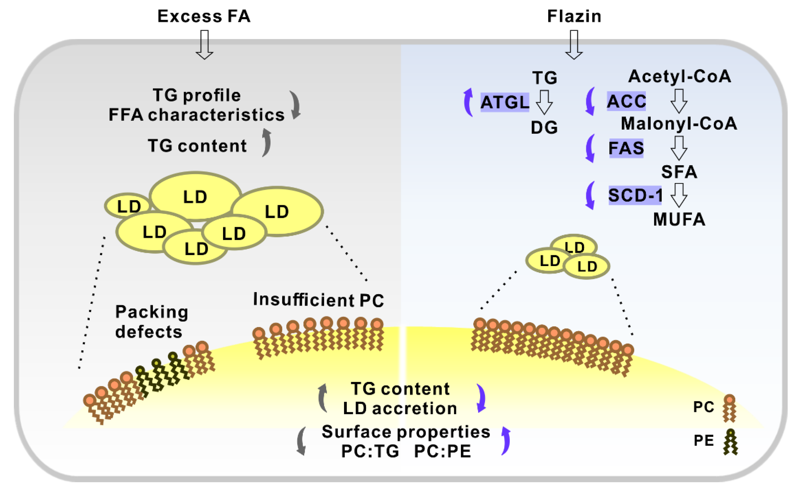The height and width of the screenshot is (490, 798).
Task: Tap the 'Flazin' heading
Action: click(x=574, y=16)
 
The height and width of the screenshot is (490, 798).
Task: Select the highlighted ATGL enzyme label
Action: click(x=505, y=102)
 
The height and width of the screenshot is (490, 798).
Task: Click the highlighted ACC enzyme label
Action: click(x=626, y=101)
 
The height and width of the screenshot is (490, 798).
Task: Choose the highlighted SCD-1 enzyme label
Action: click(x=635, y=195)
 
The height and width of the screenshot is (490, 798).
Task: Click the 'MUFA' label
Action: click(x=679, y=219)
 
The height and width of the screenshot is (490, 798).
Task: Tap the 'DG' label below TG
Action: click(x=544, y=127)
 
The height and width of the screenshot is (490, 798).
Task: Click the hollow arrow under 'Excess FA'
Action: click(x=204, y=45)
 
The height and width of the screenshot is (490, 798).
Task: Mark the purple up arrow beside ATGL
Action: click(x=468, y=102)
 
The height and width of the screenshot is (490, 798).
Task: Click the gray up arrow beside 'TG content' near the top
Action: click(x=267, y=143)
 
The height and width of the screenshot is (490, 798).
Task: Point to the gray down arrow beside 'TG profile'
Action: click(x=295, y=105)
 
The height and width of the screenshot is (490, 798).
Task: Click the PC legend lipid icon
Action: click(x=729, y=408)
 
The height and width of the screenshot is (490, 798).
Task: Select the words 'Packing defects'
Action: click(x=151, y=322)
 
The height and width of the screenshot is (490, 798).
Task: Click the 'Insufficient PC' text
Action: click(x=318, y=300)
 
